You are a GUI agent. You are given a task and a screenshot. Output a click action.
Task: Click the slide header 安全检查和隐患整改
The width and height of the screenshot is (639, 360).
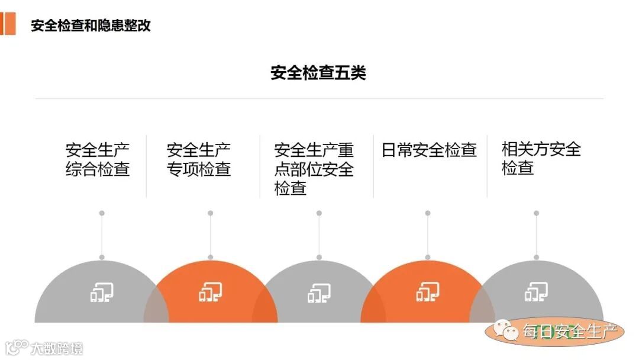(91, 25)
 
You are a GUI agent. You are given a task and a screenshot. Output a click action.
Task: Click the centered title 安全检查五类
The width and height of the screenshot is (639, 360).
(318, 73)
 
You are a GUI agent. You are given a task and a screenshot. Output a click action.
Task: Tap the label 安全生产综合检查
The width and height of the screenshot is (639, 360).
(98, 159)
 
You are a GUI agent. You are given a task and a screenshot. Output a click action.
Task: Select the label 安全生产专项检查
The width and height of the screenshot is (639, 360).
(199, 159)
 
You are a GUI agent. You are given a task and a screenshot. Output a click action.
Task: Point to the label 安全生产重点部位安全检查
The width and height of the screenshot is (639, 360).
(314, 169)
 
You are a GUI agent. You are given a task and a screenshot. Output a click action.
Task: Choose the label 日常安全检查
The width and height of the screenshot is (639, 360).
(429, 150)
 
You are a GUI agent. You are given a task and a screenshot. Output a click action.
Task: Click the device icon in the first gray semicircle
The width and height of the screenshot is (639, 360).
(102, 292)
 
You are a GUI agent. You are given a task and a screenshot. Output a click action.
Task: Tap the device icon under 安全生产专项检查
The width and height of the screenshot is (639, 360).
(211, 292)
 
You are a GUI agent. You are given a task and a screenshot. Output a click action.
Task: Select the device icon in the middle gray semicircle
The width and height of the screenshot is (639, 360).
(319, 292)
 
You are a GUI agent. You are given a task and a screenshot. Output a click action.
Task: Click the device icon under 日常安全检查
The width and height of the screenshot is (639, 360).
(428, 292)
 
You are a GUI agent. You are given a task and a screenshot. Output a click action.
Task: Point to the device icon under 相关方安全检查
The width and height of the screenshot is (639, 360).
(536, 292)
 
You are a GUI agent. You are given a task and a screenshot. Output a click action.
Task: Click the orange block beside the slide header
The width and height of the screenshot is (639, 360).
(8, 23)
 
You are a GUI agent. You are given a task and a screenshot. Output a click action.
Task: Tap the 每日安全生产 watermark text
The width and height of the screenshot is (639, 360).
(569, 332)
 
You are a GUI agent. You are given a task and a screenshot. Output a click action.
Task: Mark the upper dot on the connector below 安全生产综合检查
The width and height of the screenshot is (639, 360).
(102, 213)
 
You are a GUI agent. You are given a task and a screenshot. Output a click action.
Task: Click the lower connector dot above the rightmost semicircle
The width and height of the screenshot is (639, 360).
(536, 257)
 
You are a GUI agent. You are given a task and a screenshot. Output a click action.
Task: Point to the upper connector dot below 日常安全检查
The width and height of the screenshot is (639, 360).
(428, 213)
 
